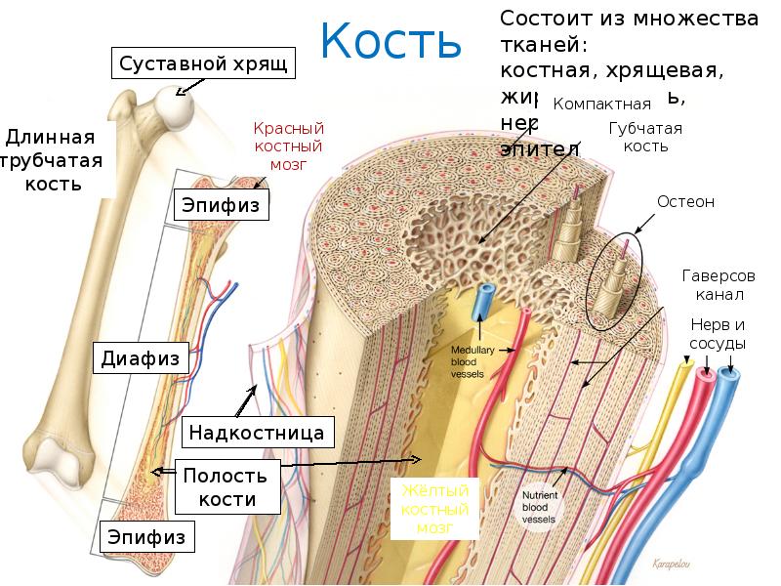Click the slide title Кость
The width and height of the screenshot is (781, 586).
click(390, 41)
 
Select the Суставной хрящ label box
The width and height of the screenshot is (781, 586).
click(202, 65)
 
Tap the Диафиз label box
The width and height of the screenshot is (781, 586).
click(142, 358)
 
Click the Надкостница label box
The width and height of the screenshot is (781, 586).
click(256, 431)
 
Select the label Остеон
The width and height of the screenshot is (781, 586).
click(685, 202)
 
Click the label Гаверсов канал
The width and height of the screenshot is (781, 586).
click(719, 285)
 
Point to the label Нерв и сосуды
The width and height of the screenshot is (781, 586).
click(718, 334)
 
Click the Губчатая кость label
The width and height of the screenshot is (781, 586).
click(644, 138)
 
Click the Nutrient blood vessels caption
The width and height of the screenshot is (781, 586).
click(540, 507)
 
